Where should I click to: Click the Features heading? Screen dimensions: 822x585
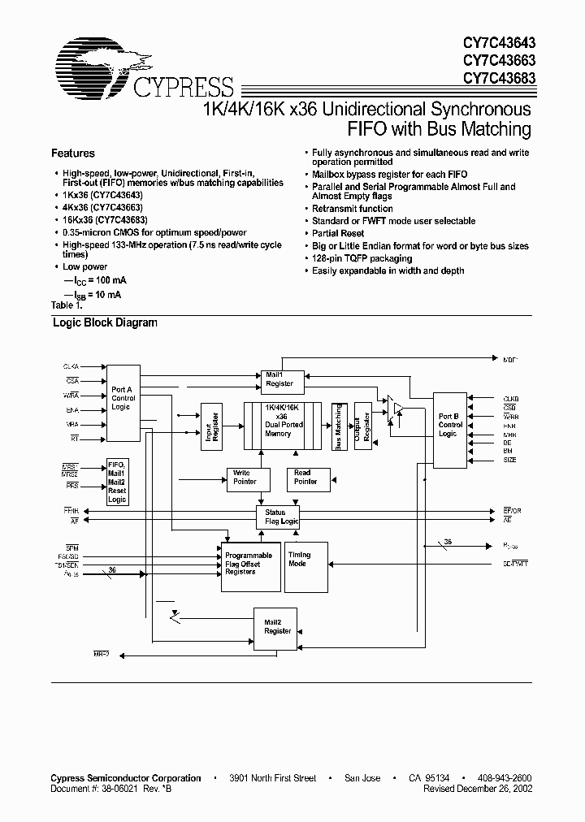tap(73, 154)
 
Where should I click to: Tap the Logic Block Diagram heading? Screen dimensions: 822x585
tap(105, 322)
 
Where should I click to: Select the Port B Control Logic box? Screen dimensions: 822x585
tap(450, 428)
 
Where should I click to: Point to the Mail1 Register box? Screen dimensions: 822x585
tap(279, 379)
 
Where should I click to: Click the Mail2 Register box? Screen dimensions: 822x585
tap(278, 626)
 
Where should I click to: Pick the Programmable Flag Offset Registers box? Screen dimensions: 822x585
tap(249, 565)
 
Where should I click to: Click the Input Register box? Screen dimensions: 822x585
tap(210, 426)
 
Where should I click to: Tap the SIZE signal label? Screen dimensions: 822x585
tap(510, 461)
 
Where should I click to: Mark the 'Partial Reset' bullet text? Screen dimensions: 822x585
tap(339, 233)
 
